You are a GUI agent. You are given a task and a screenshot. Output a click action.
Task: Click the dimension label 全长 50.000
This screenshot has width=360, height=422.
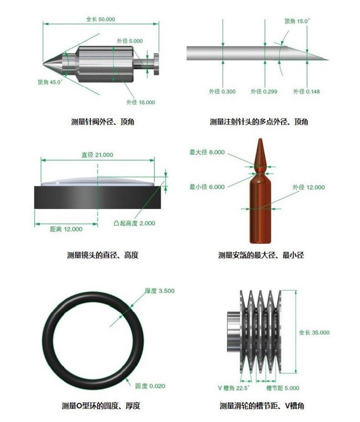click(100, 20)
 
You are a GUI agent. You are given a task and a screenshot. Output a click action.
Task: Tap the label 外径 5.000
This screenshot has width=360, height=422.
click(130, 41)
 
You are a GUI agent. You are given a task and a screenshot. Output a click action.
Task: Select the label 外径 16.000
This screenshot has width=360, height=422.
click(141, 102)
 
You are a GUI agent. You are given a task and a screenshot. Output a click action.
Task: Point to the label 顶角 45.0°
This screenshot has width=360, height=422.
click(50, 82)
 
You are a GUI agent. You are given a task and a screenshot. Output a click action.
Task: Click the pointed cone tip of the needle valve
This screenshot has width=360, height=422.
click(43, 64)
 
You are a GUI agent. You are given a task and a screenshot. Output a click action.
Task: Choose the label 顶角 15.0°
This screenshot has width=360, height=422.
click(297, 21)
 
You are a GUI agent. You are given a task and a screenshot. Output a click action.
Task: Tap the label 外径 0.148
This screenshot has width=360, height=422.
click(307, 92)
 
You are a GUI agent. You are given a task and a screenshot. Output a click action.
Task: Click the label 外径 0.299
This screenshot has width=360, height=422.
click(264, 92)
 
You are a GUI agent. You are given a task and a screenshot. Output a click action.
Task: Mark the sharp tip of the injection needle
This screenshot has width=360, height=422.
click(329, 60)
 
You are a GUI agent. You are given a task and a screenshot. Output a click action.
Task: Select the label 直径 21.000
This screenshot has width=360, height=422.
click(98, 155)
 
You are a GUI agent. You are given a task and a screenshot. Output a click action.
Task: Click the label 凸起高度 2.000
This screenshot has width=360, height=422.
click(134, 223)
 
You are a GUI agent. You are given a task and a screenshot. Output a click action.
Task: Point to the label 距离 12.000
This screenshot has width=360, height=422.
click(66, 229)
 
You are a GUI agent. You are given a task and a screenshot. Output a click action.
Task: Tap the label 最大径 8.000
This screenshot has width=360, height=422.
click(207, 152)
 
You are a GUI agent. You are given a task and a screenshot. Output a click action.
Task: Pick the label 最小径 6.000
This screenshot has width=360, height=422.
click(207, 187)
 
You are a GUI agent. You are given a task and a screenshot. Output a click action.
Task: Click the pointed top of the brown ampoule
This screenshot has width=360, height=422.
click(260, 139)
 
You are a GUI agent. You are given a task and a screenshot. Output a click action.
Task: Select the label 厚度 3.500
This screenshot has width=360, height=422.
click(159, 291)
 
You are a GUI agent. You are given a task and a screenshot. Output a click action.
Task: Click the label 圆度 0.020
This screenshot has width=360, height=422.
click(150, 386)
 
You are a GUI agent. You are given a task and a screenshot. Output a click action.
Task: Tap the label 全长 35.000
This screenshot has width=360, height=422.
click(314, 333)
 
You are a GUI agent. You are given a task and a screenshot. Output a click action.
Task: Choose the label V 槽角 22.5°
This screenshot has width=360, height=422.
click(233, 388)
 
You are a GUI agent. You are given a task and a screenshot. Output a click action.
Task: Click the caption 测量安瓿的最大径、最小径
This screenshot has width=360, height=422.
click(261, 255)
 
